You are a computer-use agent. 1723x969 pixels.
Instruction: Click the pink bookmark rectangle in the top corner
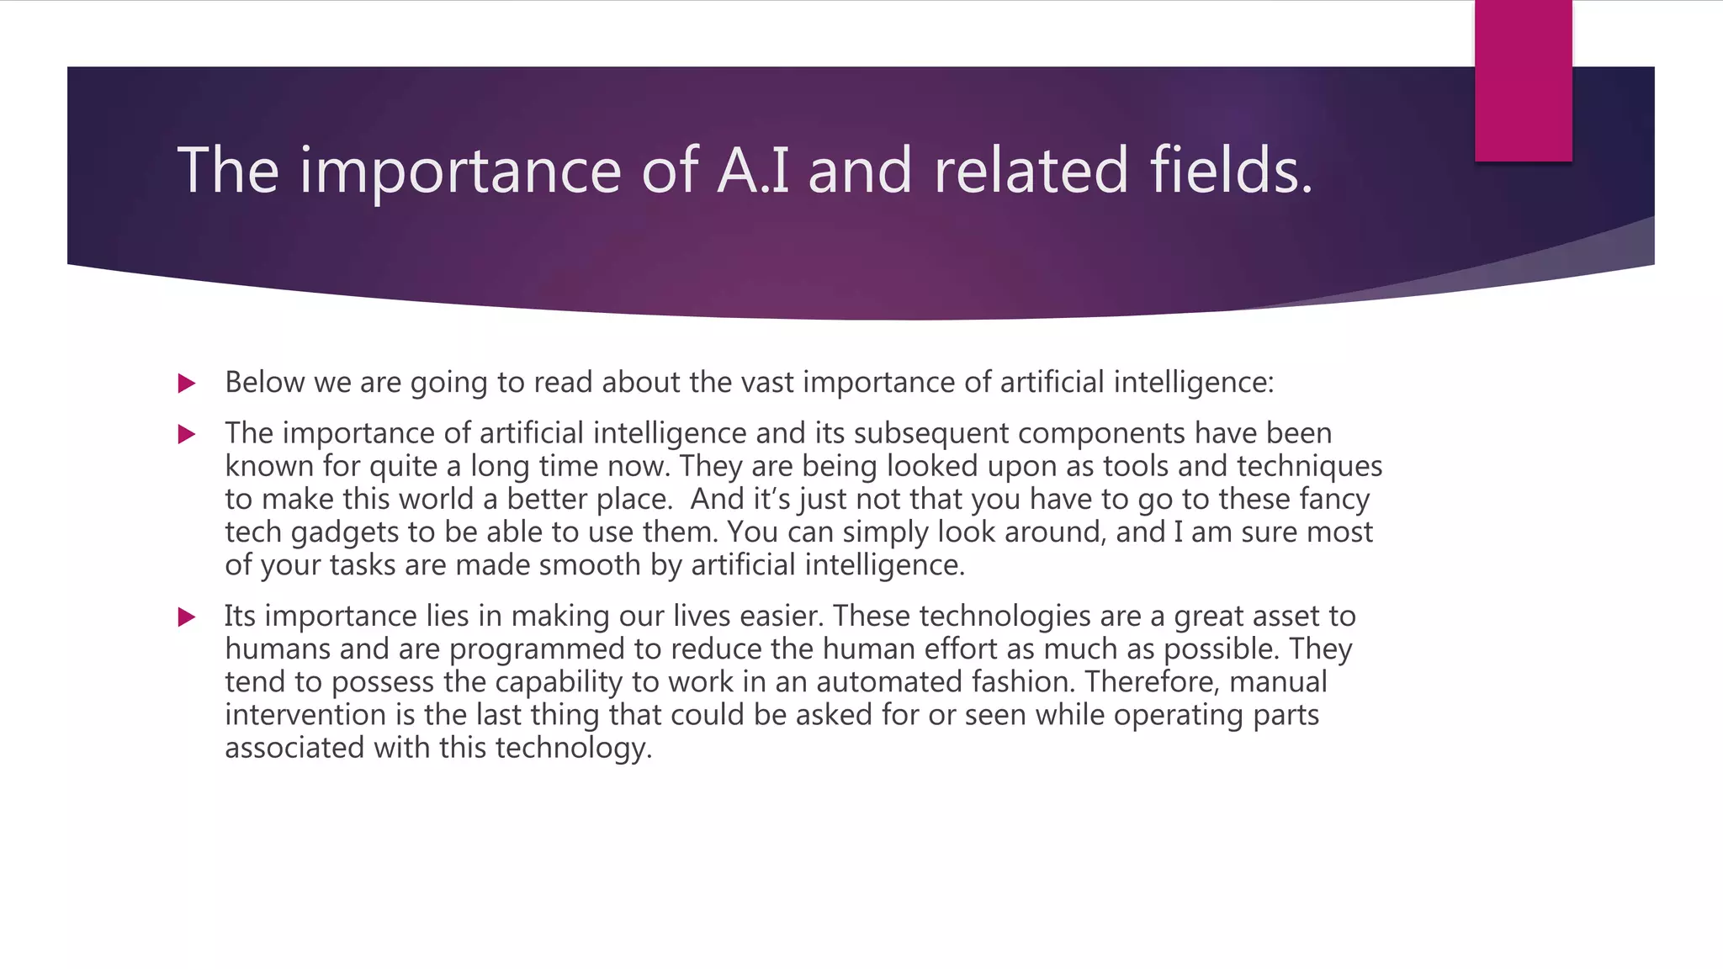1523,81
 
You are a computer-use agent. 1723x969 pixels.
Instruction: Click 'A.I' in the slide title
753,171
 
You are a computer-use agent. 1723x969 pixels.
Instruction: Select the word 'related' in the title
1030,171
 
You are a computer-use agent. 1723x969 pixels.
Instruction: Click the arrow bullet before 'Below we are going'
187,384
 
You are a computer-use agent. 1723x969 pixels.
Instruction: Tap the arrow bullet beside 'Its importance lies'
187,618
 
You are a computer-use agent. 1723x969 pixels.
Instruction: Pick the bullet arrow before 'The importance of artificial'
187,435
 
